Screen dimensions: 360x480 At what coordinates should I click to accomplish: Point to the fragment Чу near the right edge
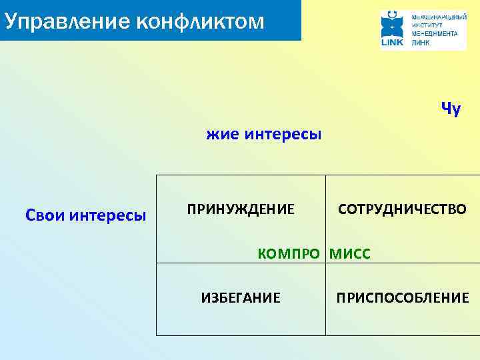click(x=451, y=109)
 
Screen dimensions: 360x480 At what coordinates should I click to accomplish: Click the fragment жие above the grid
click(x=223, y=135)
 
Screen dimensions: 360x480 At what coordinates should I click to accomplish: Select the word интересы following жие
click(x=283, y=135)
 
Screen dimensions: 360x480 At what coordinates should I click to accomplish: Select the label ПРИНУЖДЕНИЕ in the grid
click(x=240, y=210)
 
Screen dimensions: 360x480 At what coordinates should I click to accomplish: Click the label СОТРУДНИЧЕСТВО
click(x=402, y=210)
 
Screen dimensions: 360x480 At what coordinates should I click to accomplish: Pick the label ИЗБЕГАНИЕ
click(x=241, y=297)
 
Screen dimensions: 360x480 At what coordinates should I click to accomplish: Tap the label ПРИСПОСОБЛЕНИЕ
click(x=403, y=297)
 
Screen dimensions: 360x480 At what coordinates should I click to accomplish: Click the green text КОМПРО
click(x=289, y=254)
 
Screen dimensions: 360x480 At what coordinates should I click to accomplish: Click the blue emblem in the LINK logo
click(x=392, y=24)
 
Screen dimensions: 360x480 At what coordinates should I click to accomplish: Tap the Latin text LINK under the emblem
click(x=392, y=42)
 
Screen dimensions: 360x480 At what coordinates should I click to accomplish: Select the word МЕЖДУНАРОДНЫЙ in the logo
click(x=439, y=15)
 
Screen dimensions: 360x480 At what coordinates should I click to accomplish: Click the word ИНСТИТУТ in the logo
click(x=427, y=23)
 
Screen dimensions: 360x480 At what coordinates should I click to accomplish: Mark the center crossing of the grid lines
click(x=326, y=263)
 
